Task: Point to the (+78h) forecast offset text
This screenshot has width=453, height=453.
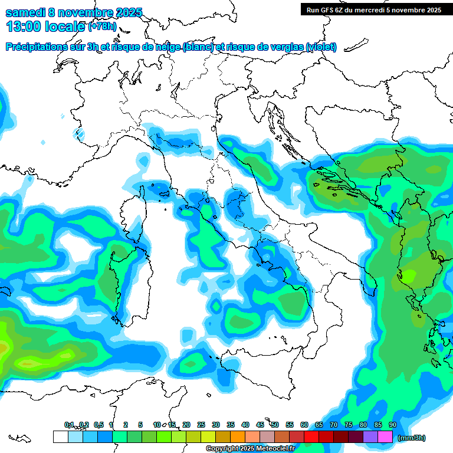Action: click(101, 27)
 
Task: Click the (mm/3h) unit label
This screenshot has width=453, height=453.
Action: click(411, 438)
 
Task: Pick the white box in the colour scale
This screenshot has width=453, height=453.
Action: click(60, 437)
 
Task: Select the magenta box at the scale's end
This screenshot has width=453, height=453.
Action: click(385, 437)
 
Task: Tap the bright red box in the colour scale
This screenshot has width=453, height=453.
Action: click(311, 437)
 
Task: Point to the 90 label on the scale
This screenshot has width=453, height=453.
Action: click(393, 425)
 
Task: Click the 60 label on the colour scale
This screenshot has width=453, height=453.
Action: click(304, 425)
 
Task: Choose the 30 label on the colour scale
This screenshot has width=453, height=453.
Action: click(216, 425)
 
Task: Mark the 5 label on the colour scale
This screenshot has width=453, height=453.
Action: click(140, 425)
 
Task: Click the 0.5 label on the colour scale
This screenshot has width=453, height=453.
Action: click(98, 425)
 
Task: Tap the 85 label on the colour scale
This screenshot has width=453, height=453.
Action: click(378, 425)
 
